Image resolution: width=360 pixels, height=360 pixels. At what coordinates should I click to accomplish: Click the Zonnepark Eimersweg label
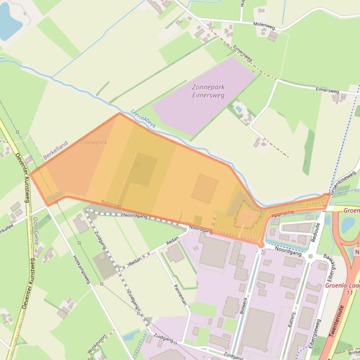click(x=208, y=91)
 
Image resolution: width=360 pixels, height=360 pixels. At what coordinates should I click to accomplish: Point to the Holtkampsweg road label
click(x=81, y=269)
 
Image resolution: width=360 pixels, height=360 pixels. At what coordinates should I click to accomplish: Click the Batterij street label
click(x=291, y=315)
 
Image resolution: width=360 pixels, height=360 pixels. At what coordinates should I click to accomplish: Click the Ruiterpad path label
click(x=112, y=204)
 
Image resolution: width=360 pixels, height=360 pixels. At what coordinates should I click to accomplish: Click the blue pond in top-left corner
click(x=9, y=21)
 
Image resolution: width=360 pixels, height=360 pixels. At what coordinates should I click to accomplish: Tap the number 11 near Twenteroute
click(x=349, y=292)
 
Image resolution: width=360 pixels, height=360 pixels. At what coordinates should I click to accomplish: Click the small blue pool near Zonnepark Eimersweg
click(x=239, y=109)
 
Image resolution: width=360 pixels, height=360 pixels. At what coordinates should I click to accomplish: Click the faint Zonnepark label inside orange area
click(x=94, y=142)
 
